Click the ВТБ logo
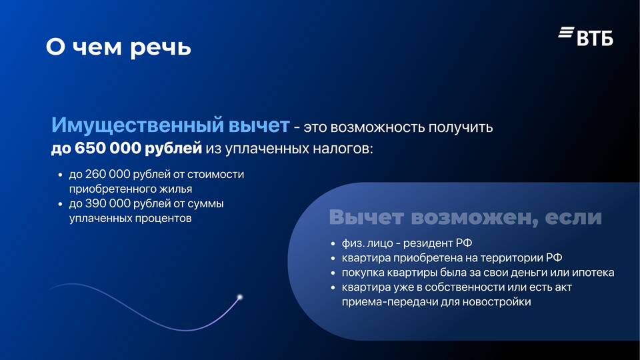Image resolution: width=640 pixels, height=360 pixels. coord(586,36)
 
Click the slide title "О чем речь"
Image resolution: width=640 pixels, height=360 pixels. coord(119,47)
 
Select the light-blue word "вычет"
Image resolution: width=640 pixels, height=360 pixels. coord(259,125)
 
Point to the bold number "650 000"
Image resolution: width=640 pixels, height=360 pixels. coord(108,148)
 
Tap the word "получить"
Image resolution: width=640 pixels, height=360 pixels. coord(461,128)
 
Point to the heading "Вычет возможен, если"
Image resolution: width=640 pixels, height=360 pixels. coord(465,217)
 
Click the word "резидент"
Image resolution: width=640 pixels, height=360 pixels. coord(428,243)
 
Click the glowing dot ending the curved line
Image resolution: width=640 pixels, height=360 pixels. coord(240,297)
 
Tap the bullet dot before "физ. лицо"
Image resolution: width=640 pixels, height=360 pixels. coord(333,244)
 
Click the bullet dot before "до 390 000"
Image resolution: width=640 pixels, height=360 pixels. coord(61,204)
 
